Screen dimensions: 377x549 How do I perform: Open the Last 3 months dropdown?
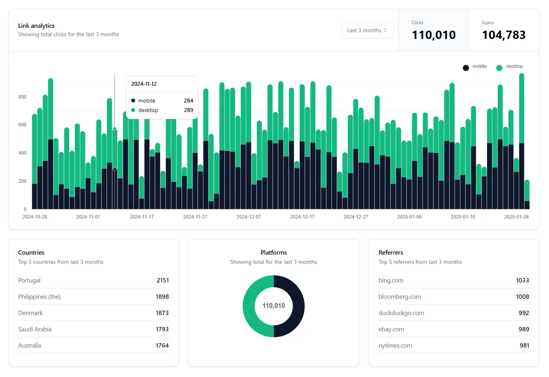point(367,30)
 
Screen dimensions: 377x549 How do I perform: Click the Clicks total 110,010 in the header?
point(434,35)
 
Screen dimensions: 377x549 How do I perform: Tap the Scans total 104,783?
point(504,35)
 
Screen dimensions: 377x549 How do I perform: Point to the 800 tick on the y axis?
point(22,97)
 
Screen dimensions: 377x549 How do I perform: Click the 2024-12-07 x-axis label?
point(248,217)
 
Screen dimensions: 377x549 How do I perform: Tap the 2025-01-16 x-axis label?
point(463,217)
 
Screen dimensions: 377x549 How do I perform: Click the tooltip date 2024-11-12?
point(144,84)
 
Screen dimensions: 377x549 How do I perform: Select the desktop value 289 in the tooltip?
point(188,110)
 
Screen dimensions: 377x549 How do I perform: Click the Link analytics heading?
point(36,26)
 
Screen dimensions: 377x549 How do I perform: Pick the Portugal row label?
point(29,280)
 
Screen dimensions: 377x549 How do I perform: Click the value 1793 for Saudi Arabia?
point(162,329)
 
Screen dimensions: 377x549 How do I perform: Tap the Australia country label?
point(29,346)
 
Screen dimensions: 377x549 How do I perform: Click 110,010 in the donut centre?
point(274,306)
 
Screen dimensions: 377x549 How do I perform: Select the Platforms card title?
point(274,253)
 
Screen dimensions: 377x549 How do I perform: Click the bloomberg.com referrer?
point(400,297)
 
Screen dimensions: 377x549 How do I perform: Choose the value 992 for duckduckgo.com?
point(524,313)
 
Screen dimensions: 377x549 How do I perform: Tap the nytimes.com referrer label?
point(395,346)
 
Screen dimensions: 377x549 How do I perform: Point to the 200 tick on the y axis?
point(22,181)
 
